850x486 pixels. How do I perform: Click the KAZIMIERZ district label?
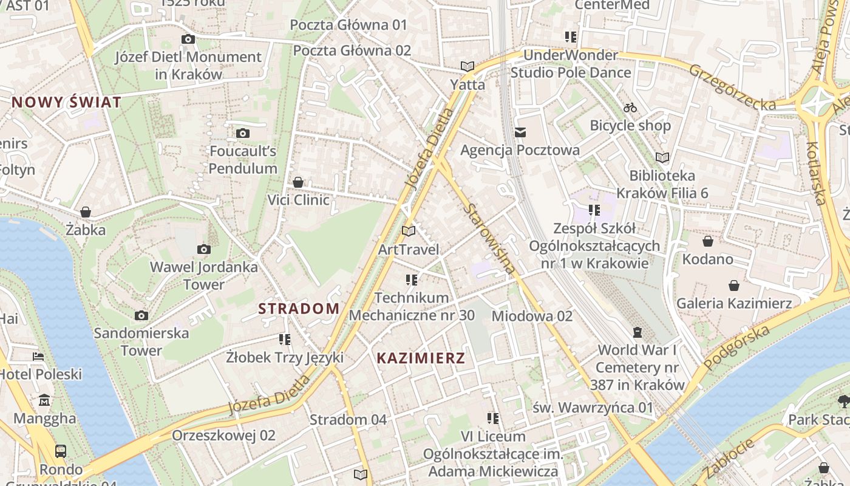point(421,358)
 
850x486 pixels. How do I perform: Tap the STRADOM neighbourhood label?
point(299,308)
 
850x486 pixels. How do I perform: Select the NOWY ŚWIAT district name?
point(66,102)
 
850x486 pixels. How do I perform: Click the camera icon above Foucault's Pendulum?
point(242,133)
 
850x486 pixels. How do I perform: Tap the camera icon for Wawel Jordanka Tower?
point(204,249)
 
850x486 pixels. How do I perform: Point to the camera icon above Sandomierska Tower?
point(141,315)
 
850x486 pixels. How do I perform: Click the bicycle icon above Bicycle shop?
point(630,108)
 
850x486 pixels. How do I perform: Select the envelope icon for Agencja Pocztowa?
point(520,132)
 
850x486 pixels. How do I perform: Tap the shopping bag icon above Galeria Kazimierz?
point(734,285)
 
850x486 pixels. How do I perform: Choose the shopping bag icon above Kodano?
point(707,241)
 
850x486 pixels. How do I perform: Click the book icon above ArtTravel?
point(409,231)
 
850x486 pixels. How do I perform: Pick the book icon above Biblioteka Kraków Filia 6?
point(662,157)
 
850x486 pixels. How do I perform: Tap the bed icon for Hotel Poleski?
point(38,356)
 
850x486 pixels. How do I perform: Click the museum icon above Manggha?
point(44,400)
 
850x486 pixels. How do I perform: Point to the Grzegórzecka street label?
point(732,87)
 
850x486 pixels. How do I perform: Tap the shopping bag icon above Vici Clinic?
point(298,182)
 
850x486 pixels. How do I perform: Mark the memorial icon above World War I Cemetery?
point(637,332)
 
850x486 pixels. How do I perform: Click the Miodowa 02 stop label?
point(532,316)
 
